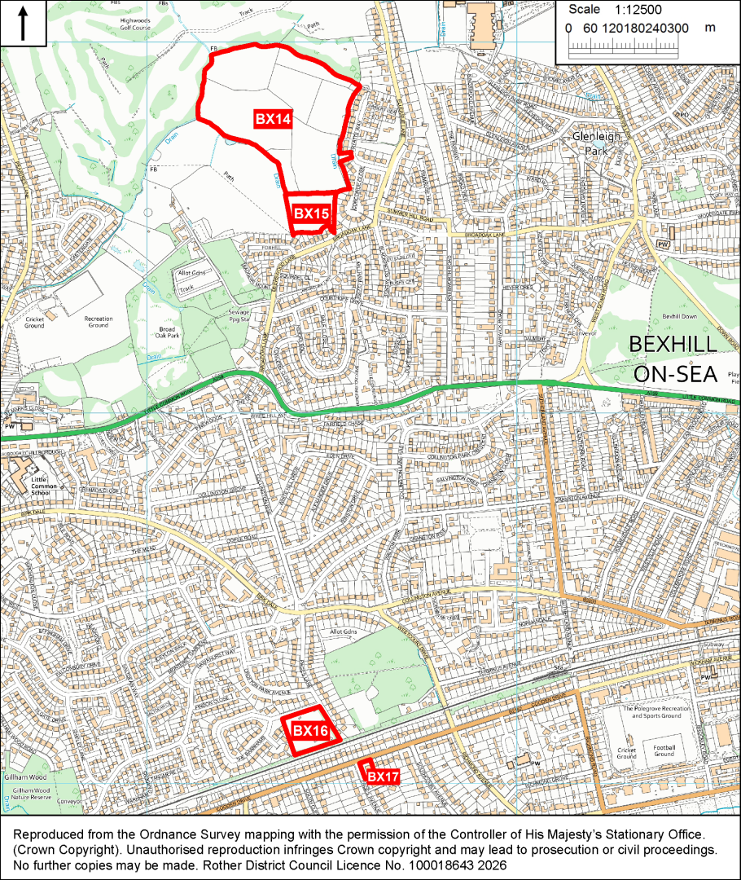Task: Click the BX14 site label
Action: [273, 119]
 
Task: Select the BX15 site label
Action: [311, 213]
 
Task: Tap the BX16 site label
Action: [309, 731]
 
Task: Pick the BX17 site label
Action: [383, 777]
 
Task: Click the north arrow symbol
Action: [23, 24]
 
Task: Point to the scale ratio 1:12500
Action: [638, 10]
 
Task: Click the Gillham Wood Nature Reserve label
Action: [33, 791]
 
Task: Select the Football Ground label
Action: [664, 750]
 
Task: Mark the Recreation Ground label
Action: [99, 322]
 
